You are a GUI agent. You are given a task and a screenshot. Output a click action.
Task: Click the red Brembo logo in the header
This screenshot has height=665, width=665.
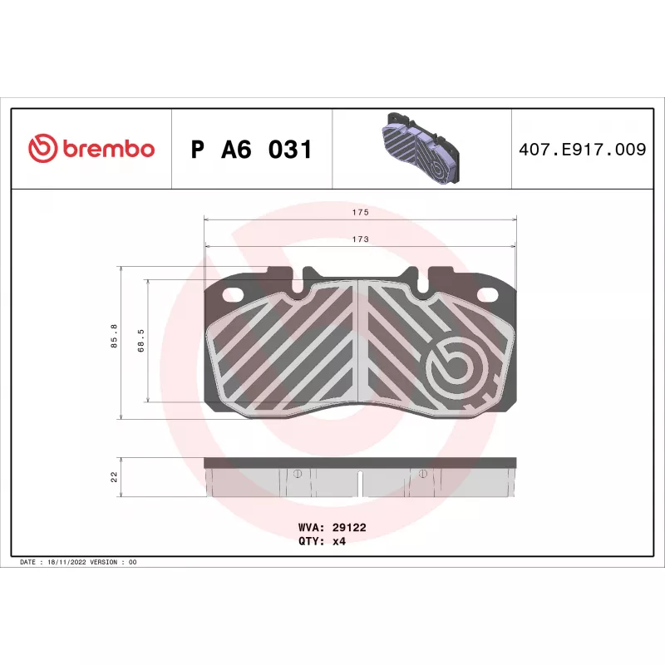tap(91, 149)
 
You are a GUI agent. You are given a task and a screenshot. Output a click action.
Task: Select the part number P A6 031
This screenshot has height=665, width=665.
tap(252, 150)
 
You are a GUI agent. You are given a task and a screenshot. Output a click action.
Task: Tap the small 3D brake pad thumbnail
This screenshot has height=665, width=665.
tap(422, 149)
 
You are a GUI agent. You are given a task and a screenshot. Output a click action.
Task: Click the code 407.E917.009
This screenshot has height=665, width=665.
tap(583, 150)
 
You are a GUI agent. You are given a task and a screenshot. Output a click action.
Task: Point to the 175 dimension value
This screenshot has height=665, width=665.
tap(361, 212)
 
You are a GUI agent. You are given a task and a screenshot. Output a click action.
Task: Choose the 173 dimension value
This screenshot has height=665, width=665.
tap(361, 239)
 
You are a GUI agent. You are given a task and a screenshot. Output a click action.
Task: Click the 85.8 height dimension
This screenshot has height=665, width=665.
tap(114, 336)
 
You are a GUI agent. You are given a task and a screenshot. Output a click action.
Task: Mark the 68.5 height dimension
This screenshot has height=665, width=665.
tap(140, 341)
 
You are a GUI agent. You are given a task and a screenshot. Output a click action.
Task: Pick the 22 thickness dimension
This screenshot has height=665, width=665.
tap(114, 477)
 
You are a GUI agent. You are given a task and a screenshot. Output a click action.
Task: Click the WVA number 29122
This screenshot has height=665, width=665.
tap(349, 527)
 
